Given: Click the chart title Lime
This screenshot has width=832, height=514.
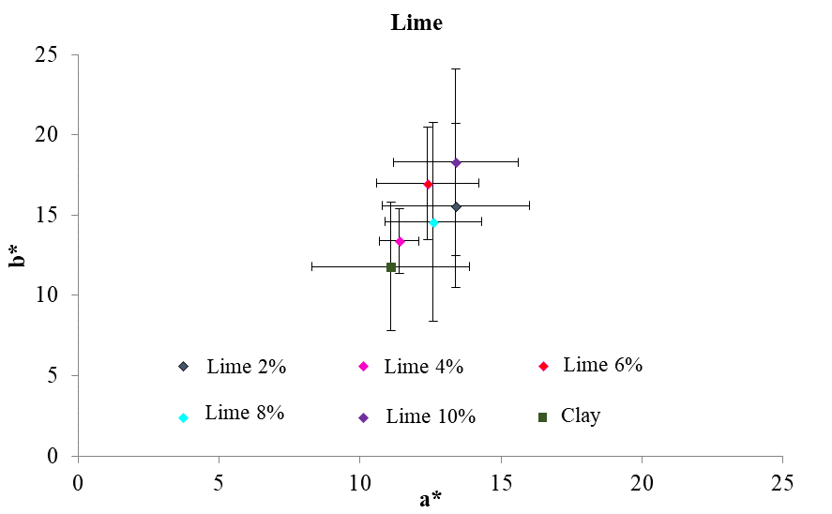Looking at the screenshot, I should [x=416, y=23].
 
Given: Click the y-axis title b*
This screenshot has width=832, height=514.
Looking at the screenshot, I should [x=18, y=255].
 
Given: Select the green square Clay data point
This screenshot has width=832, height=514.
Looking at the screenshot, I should [x=391, y=267].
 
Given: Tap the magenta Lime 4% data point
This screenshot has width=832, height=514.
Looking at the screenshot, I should [x=400, y=241].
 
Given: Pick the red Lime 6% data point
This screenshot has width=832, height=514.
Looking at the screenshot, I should [x=428, y=184].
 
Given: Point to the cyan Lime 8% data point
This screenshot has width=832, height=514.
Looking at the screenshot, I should [x=433, y=222].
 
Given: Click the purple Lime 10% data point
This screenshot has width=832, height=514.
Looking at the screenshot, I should [x=456, y=162].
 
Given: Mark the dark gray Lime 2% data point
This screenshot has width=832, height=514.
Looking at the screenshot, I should [x=456, y=206].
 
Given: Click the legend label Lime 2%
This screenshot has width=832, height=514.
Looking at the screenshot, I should [x=246, y=367].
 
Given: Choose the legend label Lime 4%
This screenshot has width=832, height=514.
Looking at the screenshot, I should [x=424, y=367].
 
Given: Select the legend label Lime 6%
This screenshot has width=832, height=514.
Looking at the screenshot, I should [x=602, y=365].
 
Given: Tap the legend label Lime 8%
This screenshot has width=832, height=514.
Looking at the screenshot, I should [x=244, y=412].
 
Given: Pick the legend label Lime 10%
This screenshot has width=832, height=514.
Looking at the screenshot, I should [x=431, y=416].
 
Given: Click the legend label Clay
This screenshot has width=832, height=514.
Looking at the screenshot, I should [x=581, y=416].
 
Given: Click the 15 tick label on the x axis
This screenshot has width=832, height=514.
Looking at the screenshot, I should [x=501, y=482].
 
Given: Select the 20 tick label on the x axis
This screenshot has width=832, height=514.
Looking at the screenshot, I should [x=642, y=482].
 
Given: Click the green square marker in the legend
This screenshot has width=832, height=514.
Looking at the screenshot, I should [x=542, y=416].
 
